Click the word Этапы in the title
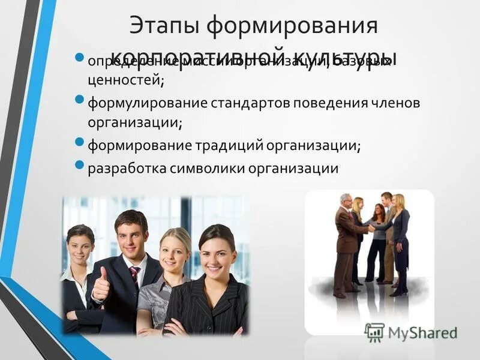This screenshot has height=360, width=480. [x=163, y=26]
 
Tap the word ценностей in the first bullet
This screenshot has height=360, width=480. [x=125, y=79]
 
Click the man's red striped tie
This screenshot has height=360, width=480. [x=134, y=275]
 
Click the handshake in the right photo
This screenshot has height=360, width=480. [x=371, y=227]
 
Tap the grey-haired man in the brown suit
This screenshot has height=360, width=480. [x=346, y=240]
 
